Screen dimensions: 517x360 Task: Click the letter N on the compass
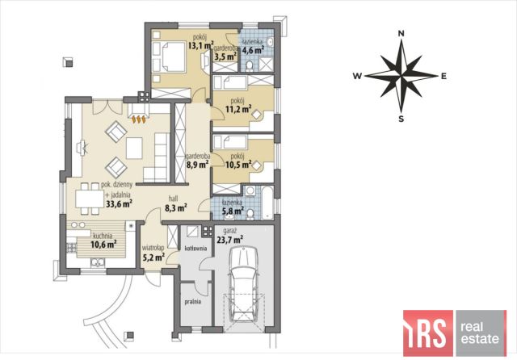(401, 33)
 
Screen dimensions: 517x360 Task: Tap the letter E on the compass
(443, 76)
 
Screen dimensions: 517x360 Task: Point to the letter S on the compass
(401, 119)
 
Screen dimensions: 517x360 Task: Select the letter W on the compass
(357, 76)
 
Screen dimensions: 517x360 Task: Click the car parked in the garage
(244, 283)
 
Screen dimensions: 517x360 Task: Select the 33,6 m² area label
(119, 204)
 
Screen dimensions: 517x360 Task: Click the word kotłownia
(195, 248)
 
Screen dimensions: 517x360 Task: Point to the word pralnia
(192, 301)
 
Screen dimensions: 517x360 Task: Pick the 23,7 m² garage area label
(229, 239)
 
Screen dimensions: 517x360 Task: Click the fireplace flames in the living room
(138, 119)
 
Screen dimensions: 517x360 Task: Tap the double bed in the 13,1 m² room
(170, 57)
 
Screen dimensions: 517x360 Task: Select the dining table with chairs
(90, 199)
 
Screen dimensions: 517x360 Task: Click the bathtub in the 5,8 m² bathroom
(267, 203)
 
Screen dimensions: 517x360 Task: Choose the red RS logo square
(428, 333)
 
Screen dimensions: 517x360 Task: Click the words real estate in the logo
(480, 333)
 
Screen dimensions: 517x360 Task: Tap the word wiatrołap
(153, 248)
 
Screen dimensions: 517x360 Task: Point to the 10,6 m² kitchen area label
(103, 245)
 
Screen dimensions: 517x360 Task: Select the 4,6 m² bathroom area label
(253, 50)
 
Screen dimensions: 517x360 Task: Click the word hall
(173, 199)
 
